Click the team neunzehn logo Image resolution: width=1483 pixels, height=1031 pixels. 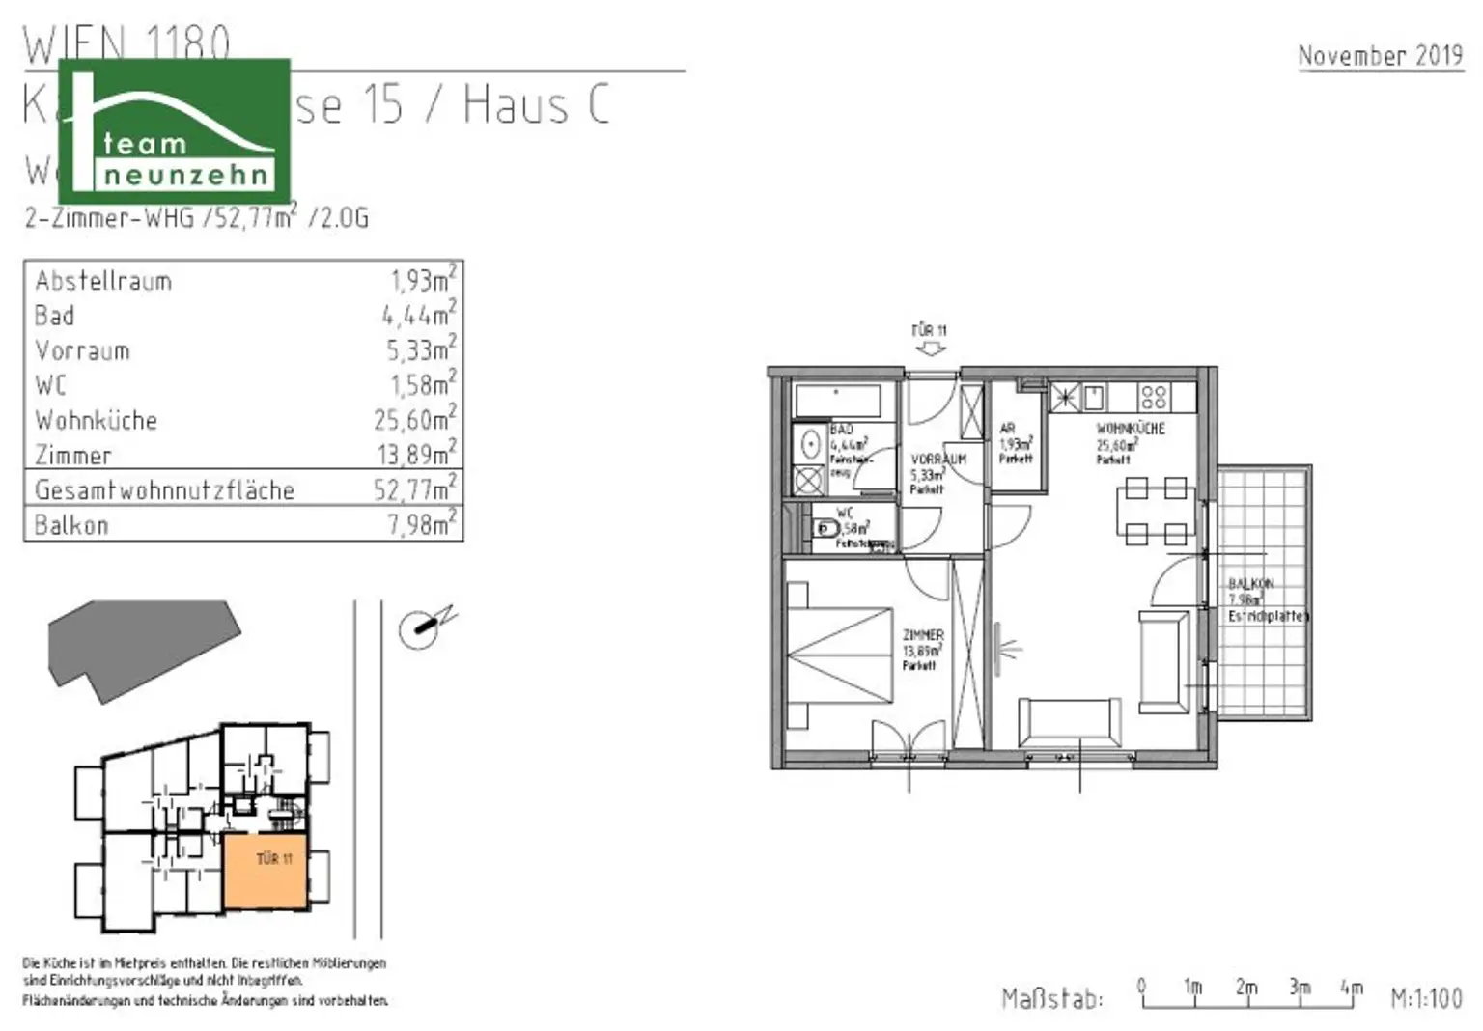[175, 130]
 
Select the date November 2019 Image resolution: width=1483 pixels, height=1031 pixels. [1380, 56]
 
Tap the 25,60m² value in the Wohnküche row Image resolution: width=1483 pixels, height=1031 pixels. [414, 420]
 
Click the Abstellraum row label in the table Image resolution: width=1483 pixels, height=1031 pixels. [103, 281]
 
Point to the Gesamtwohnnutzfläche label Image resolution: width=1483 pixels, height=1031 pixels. [164, 490]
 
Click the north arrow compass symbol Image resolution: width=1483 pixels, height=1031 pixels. [422, 628]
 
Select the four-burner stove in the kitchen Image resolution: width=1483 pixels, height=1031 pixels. [1154, 397]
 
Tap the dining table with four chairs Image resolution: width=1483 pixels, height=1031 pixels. [1156, 511]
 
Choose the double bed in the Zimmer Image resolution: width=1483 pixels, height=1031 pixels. [838, 657]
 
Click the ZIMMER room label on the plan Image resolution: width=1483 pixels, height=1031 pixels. [923, 635]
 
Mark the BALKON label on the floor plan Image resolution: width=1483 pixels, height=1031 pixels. [1251, 584]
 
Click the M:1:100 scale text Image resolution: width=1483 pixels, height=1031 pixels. [1426, 998]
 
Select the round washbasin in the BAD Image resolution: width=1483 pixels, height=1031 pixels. [812, 445]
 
